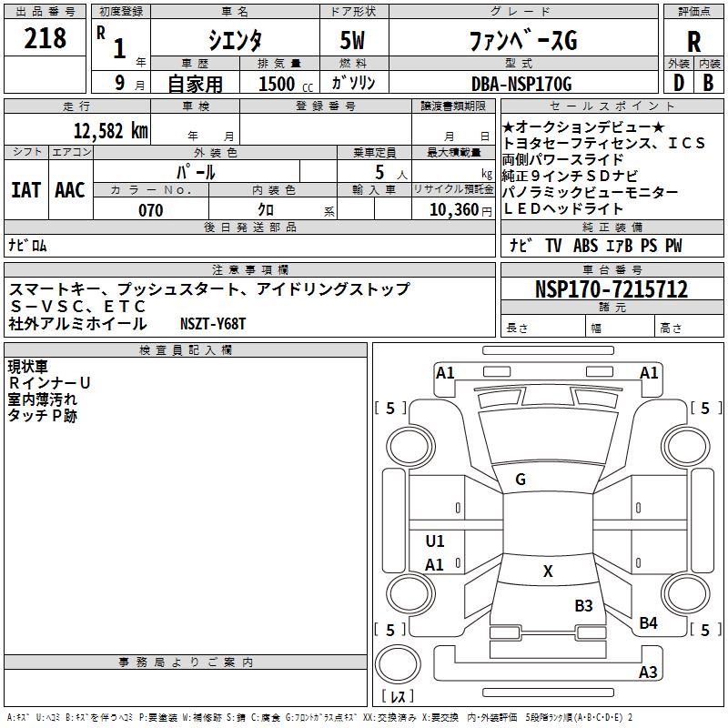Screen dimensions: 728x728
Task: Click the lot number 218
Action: [x=45, y=39]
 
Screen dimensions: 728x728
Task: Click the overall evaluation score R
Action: [x=694, y=42]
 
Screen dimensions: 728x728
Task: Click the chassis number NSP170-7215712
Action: [x=612, y=290]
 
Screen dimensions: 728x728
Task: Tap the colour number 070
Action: [x=151, y=210]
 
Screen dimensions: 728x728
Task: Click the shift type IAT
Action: [x=25, y=190]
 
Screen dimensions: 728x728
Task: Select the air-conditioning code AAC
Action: [x=69, y=190]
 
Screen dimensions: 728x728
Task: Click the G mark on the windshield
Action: [x=521, y=480]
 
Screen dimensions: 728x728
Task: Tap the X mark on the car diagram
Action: [x=548, y=571]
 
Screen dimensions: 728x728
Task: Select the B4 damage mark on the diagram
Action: [x=648, y=622]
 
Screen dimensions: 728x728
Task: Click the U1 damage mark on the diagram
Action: [x=435, y=541]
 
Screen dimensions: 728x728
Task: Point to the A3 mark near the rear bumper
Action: [x=648, y=672]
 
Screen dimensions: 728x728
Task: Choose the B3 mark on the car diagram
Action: [x=583, y=605]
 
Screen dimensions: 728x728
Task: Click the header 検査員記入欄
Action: [x=186, y=350]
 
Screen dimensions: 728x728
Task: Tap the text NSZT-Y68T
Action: [x=213, y=324]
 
